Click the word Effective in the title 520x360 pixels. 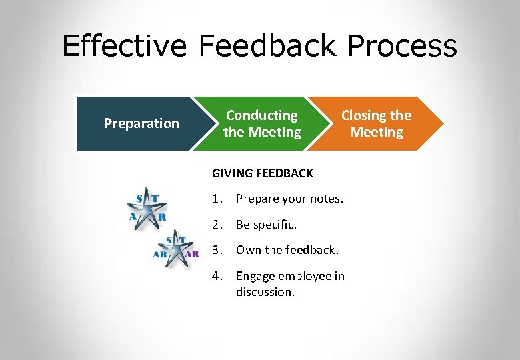[125, 47]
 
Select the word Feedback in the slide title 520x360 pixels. [267, 47]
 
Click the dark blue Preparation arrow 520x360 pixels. [137, 123]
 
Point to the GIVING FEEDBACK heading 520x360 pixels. [262, 173]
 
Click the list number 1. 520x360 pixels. [217, 199]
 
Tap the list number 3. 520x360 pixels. [217, 250]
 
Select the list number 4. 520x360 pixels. [217, 276]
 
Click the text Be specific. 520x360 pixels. [266, 225]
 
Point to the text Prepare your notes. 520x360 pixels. [289, 199]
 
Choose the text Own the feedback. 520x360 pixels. [287, 250]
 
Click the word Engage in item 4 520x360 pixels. [255, 276]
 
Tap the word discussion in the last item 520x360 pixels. [265, 292]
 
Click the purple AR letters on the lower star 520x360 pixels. [191, 254]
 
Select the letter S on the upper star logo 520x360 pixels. [139, 197]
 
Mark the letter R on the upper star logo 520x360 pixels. [161, 217]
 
